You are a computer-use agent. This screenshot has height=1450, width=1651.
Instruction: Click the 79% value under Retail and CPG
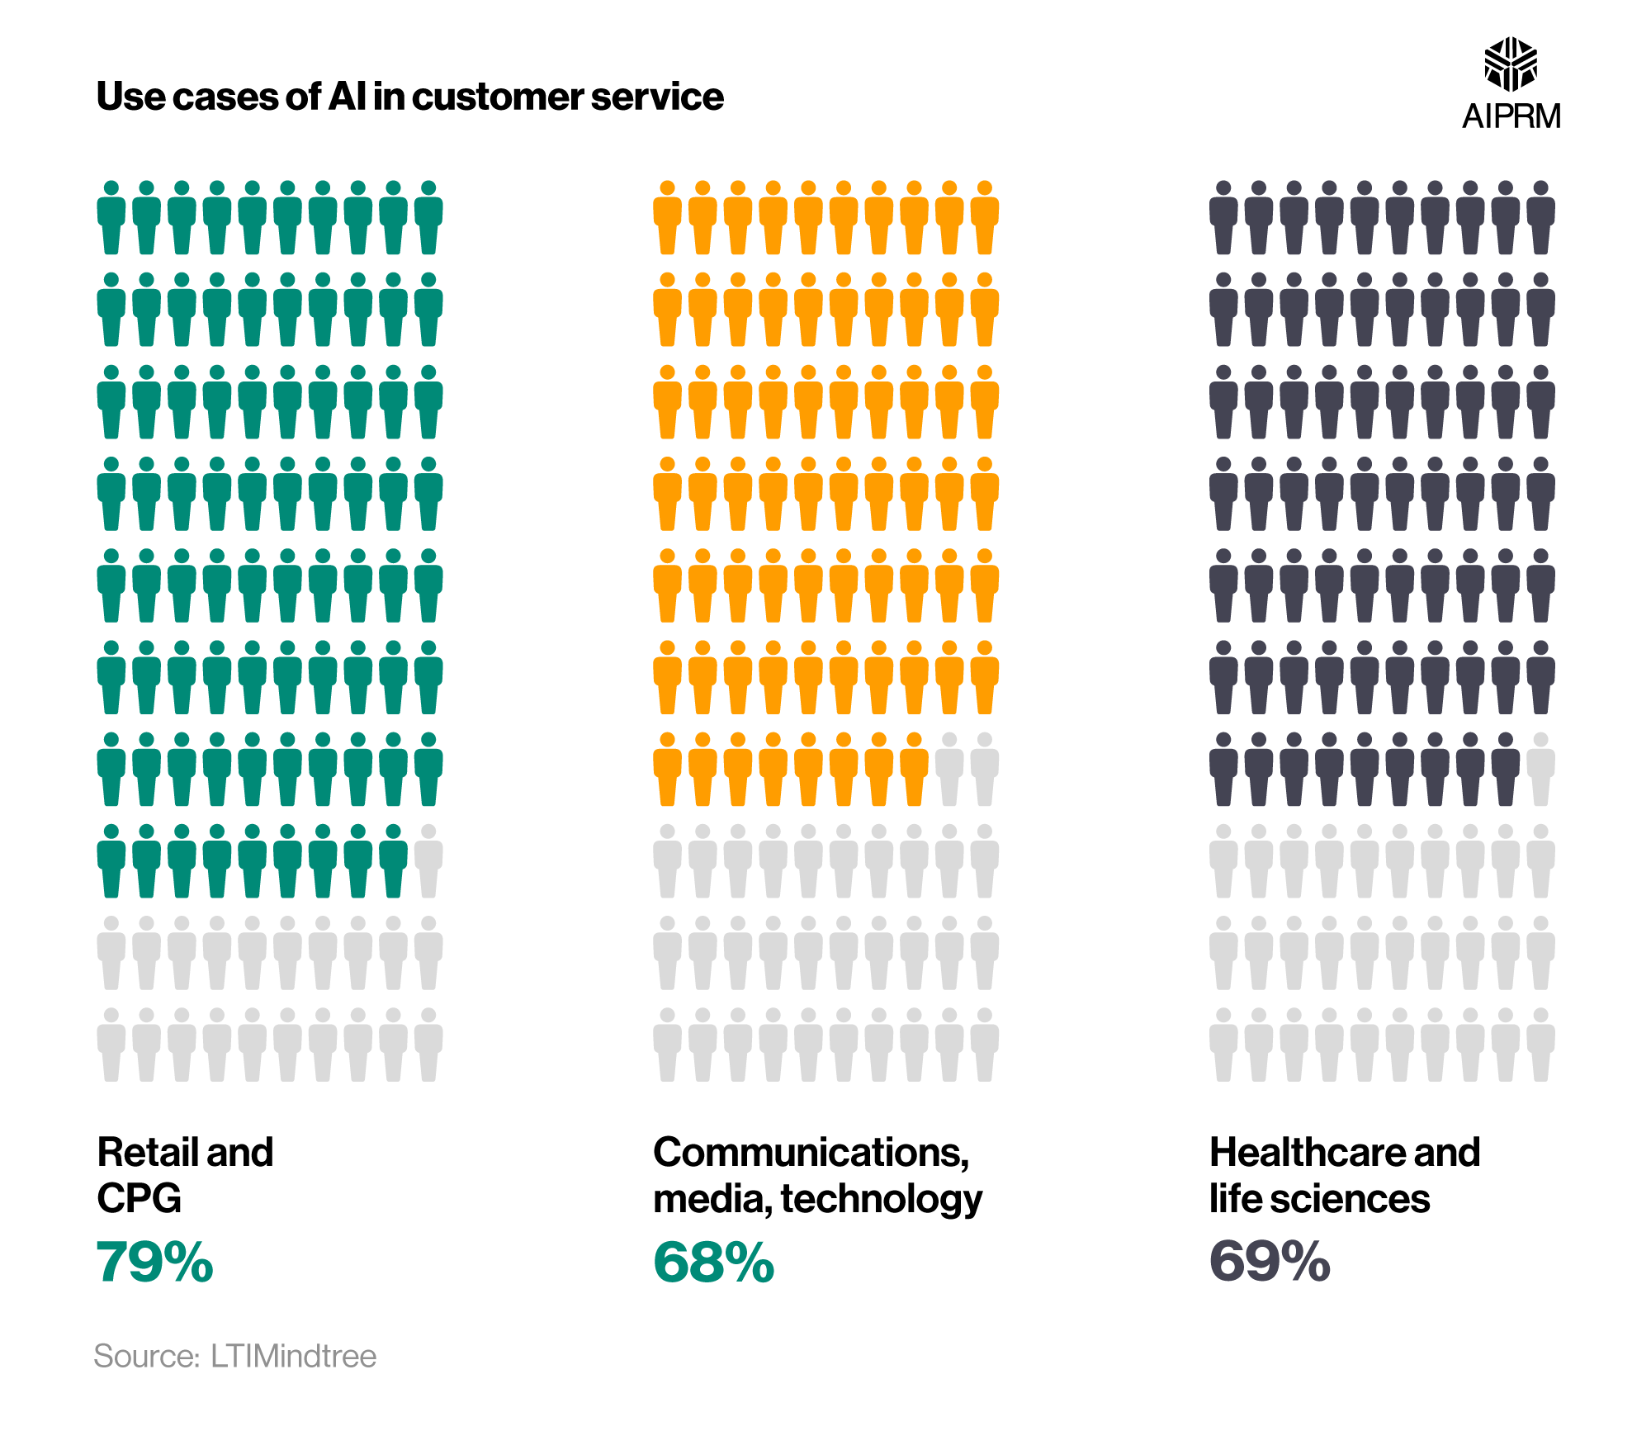(x=154, y=1262)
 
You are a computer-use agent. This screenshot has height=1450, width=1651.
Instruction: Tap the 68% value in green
(x=713, y=1262)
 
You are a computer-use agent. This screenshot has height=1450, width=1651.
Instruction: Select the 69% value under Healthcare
(x=1270, y=1262)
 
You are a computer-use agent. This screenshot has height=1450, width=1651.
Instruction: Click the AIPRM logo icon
(x=1510, y=64)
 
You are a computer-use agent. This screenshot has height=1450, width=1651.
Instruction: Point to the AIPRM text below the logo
(x=1511, y=116)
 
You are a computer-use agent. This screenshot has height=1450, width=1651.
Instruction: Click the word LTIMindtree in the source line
(x=293, y=1357)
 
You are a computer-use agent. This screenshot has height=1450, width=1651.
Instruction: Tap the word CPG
(x=139, y=1198)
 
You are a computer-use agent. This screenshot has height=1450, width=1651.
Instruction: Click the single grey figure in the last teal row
(x=428, y=861)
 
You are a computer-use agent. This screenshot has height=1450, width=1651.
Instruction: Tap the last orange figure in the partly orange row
(x=914, y=769)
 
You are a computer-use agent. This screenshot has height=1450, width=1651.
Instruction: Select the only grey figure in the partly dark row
(x=1540, y=769)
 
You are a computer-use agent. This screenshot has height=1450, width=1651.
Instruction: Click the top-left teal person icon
(x=111, y=217)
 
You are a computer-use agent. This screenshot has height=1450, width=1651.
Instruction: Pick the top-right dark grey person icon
(x=1540, y=217)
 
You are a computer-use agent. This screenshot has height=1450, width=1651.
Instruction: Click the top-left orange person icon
(x=667, y=217)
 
